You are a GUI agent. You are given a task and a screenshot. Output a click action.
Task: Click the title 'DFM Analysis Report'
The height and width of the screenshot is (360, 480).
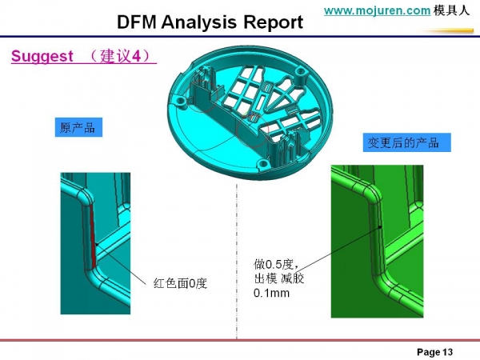210,22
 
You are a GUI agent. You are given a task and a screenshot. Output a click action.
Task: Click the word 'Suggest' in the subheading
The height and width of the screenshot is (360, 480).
42,57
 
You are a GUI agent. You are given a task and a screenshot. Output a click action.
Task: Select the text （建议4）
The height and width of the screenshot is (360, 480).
122,57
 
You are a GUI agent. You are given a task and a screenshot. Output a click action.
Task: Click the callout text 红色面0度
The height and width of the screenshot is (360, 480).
180,282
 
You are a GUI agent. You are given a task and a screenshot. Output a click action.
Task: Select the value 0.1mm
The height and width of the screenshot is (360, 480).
271,294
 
